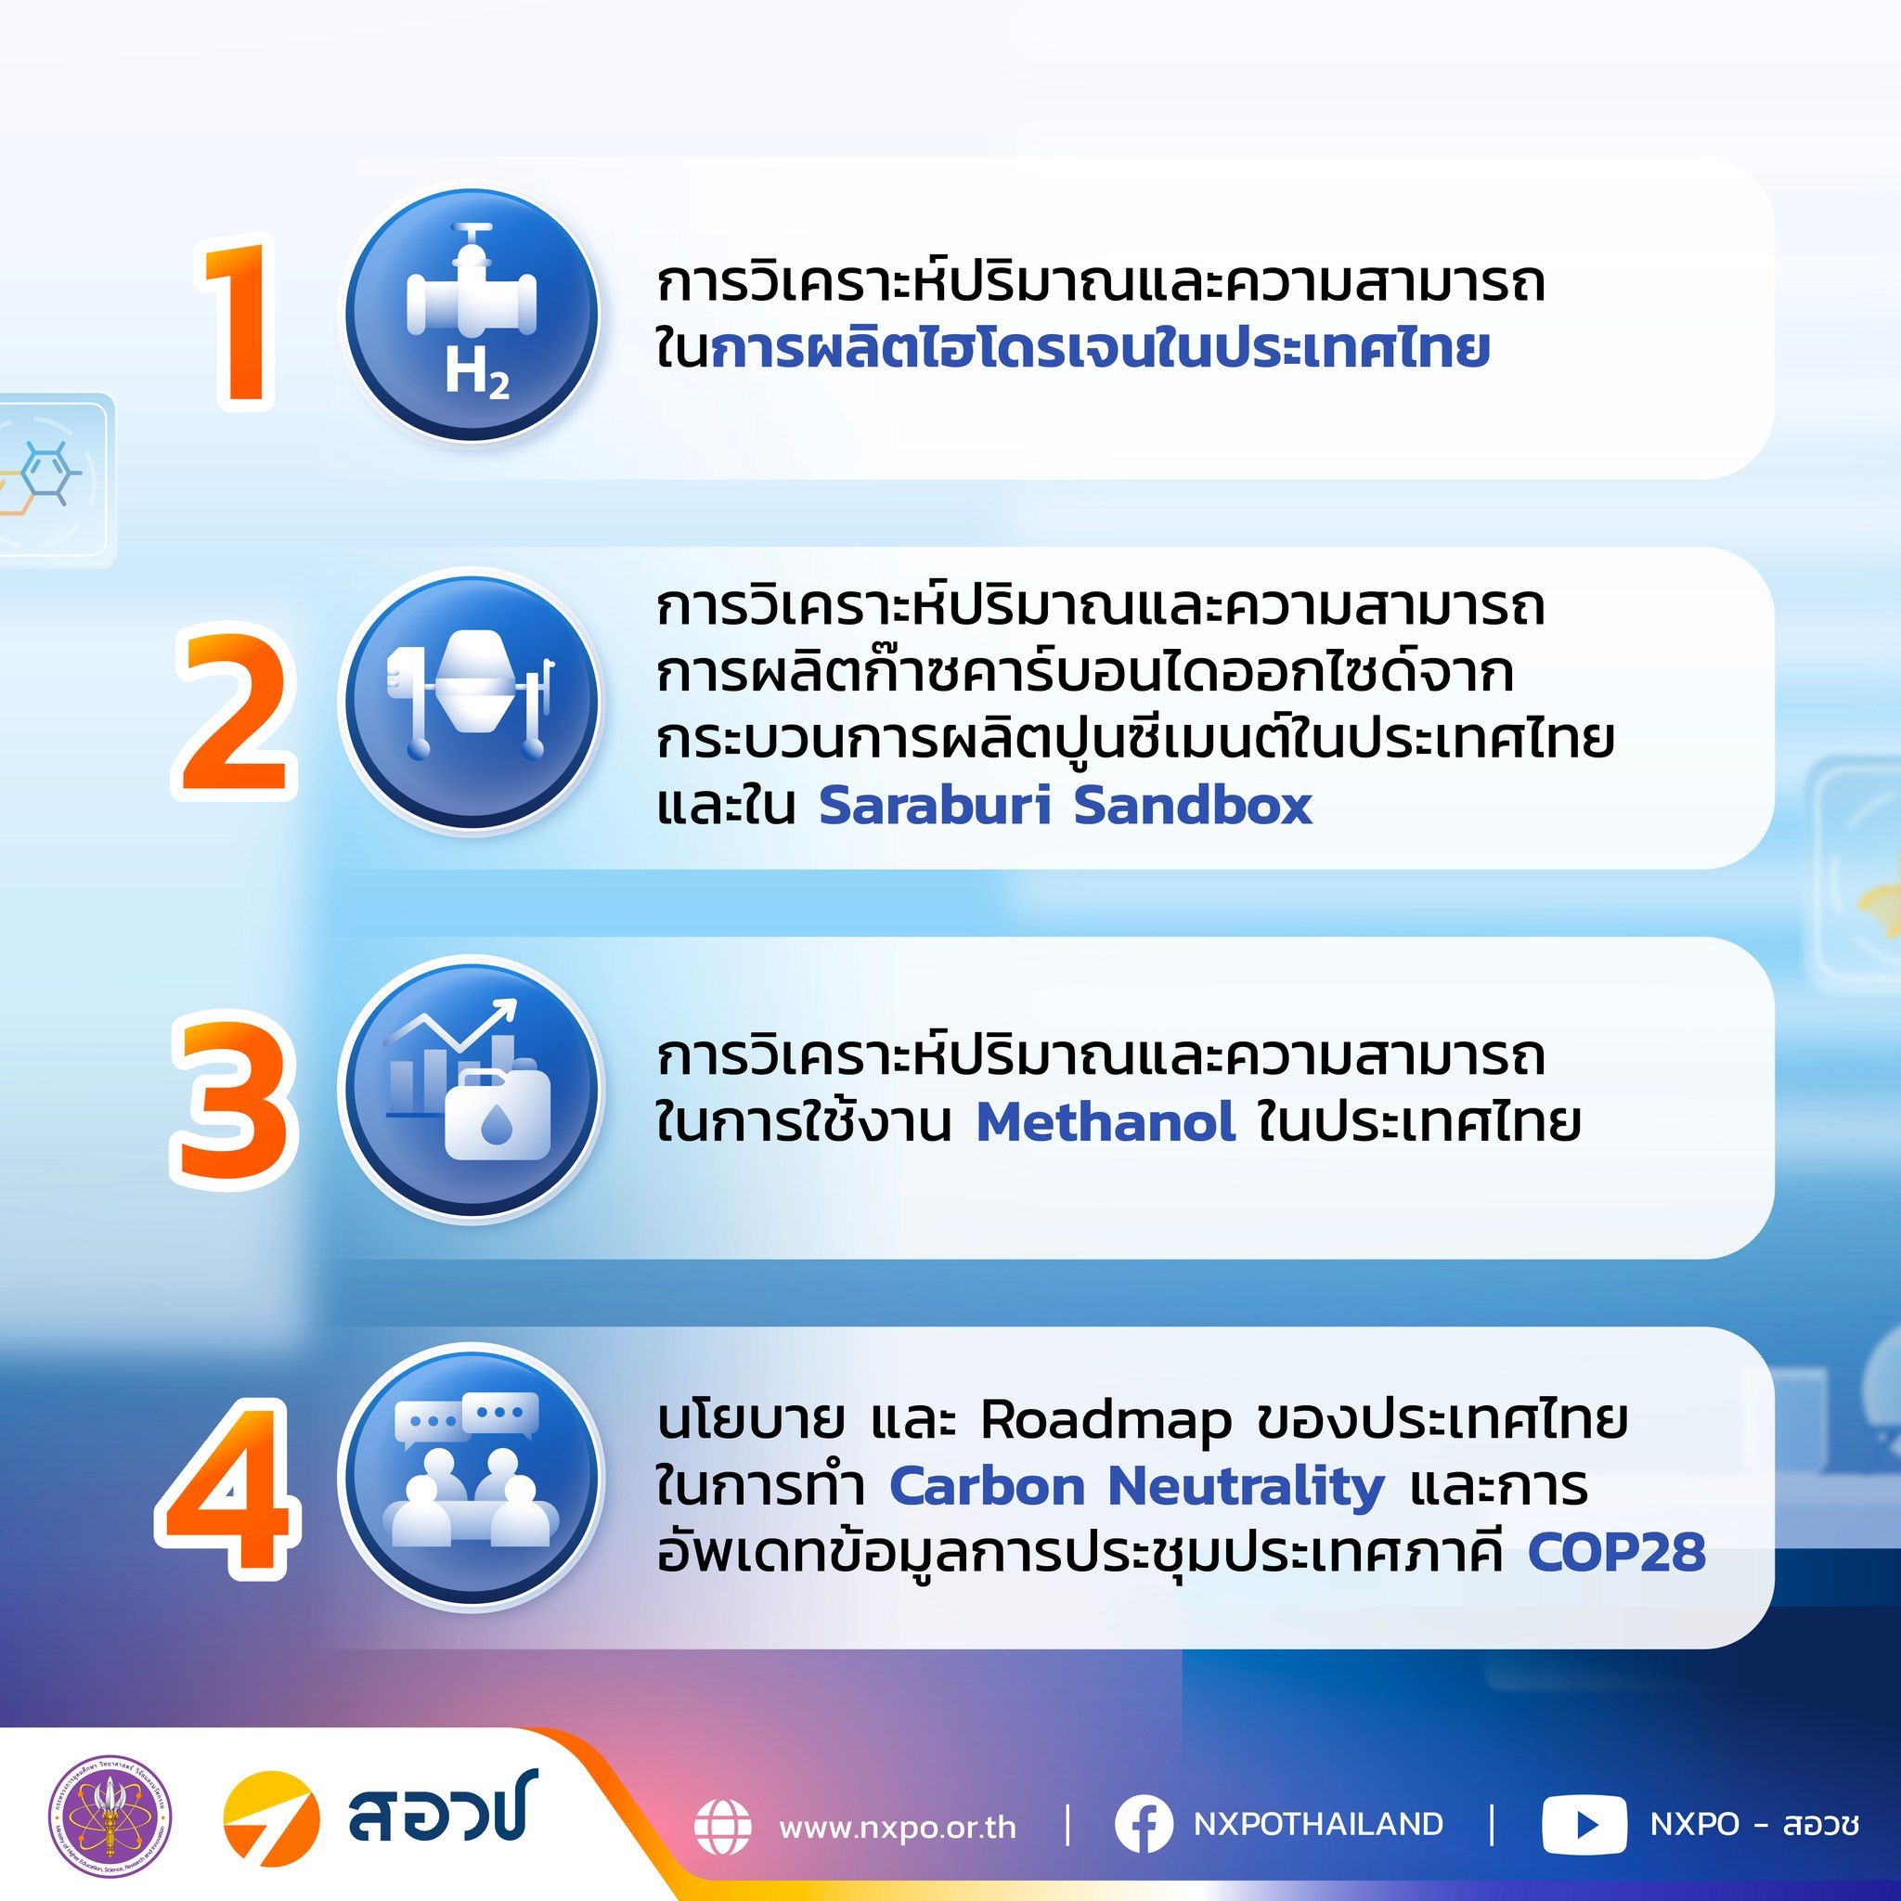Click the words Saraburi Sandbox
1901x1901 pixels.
pyautogui.click(x=1066, y=806)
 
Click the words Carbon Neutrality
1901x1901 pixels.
pyautogui.click(x=1136, y=1489)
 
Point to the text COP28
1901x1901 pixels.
pyautogui.click(x=1617, y=1554)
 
